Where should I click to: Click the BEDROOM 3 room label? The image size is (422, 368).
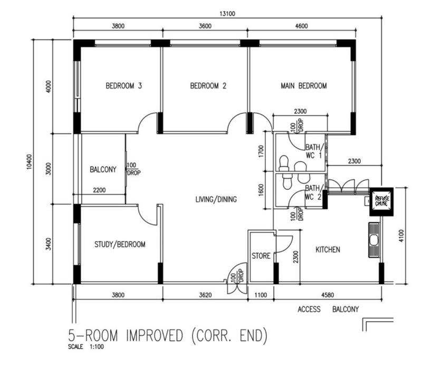(124, 85)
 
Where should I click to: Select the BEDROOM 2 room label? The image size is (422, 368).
(208, 85)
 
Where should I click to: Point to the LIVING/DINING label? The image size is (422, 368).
(216, 199)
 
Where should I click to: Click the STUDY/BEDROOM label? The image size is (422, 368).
(120, 244)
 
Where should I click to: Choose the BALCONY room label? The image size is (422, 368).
(103, 170)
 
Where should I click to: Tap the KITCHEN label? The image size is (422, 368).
(328, 249)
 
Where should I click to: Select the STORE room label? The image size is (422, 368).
(261, 256)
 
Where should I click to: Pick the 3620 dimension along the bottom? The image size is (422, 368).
(205, 295)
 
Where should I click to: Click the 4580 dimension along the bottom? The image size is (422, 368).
(328, 295)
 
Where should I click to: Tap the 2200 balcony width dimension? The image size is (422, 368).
(99, 190)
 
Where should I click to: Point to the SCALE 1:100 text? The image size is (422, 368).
(87, 347)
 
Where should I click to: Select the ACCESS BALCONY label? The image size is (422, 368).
(328, 309)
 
